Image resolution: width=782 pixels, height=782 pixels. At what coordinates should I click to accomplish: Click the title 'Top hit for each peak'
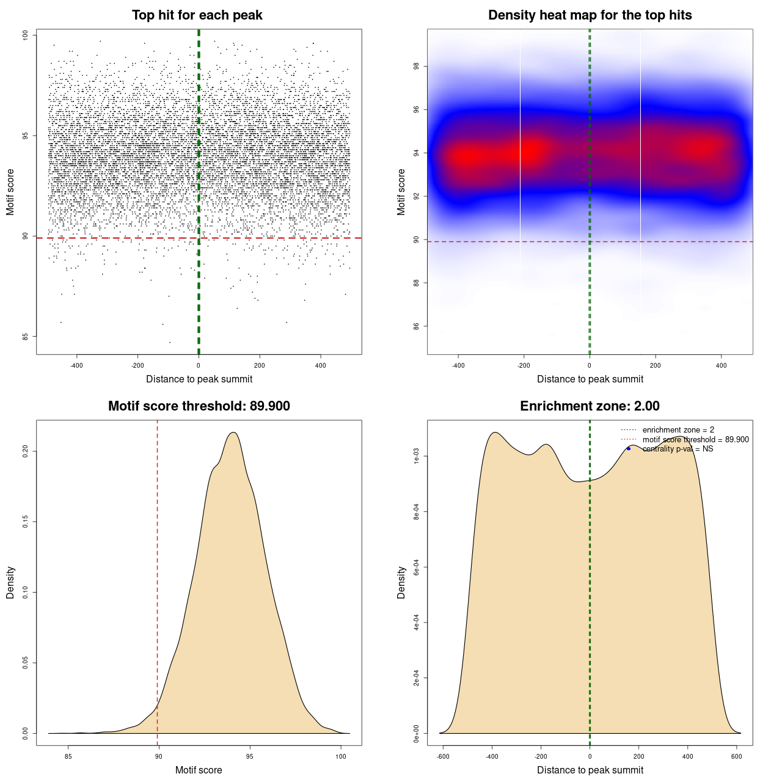point(197,15)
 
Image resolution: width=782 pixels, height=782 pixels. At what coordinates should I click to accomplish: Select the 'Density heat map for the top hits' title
point(590,15)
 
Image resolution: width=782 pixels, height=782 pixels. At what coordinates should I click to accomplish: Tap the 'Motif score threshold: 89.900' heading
point(199,406)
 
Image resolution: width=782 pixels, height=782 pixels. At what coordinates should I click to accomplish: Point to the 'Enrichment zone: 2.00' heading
point(590,406)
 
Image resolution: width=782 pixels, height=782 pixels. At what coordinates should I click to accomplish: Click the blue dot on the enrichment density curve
point(629,448)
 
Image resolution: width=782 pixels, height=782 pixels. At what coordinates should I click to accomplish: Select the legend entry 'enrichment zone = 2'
point(678,430)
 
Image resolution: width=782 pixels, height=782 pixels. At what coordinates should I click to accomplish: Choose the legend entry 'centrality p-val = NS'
point(678,449)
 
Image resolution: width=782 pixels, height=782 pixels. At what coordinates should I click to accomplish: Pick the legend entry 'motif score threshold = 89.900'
point(695,439)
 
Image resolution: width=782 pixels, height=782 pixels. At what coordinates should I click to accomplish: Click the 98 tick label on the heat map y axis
point(417,66)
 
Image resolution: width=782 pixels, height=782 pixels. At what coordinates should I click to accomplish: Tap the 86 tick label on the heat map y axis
point(417,326)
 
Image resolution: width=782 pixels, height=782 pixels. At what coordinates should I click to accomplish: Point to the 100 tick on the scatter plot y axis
point(26,35)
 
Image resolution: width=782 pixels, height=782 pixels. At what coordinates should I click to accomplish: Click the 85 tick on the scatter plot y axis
point(26,336)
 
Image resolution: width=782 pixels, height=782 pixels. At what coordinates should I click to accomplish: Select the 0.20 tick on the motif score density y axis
point(26,451)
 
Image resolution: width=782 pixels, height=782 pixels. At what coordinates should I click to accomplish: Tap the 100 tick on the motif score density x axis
point(341,756)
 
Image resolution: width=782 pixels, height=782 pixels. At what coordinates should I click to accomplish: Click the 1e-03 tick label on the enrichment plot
point(417,456)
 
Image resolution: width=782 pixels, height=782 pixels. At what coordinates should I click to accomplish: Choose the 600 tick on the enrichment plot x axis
point(737,756)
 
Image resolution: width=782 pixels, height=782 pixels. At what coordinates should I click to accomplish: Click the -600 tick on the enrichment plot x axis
point(443,756)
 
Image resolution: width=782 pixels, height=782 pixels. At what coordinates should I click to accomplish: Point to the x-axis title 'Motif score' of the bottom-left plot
point(199,770)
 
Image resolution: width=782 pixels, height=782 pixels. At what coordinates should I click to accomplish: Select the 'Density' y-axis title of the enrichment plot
point(401,582)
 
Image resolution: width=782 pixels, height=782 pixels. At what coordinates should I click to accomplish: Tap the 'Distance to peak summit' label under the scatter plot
point(199,379)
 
